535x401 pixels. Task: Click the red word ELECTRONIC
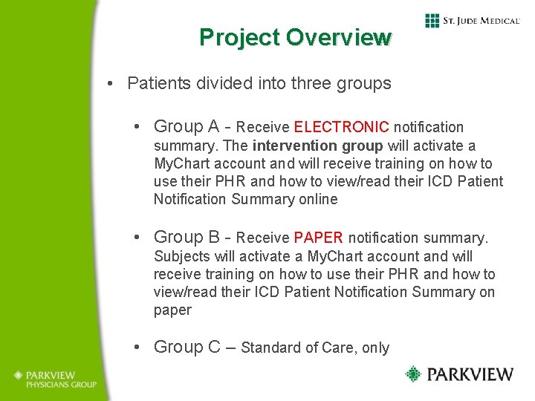(342, 128)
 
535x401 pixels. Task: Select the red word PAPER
(318, 238)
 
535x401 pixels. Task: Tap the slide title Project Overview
(295, 37)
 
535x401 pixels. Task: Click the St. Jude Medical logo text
(481, 21)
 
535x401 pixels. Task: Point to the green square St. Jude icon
(432, 21)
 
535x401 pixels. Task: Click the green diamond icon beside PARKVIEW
(413, 374)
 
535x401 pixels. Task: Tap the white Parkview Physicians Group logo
(54, 379)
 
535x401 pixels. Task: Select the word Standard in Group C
(270, 348)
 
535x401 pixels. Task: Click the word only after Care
(375, 348)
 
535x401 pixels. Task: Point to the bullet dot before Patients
(110, 83)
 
